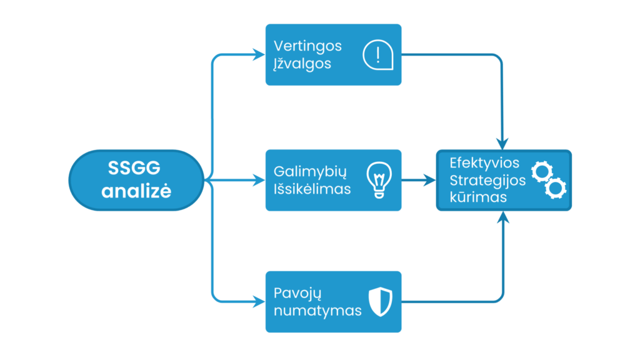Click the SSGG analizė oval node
coord(136,180)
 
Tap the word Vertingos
coord(307,46)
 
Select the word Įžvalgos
coord(302,64)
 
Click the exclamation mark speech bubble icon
coord(378,55)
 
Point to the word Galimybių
coord(310,172)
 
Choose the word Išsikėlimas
coord(312,189)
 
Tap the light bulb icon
coord(379,180)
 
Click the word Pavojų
coord(297,294)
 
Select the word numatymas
coord(317,311)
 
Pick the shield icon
coord(381,302)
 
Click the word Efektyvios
coord(484,163)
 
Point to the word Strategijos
coord(487,181)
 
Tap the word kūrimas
coord(478,197)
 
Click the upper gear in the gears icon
coord(542,172)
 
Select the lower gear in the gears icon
coord(556,188)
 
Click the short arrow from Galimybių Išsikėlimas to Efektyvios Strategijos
coord(419,180)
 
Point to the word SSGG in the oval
coord(134,167)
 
